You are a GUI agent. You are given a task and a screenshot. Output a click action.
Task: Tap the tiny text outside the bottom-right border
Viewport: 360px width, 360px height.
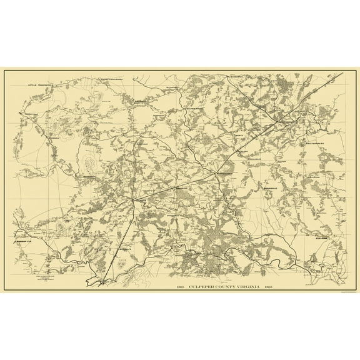coord(347,291)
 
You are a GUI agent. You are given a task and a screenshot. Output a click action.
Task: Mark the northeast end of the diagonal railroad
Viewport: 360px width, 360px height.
coord(342,73)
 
